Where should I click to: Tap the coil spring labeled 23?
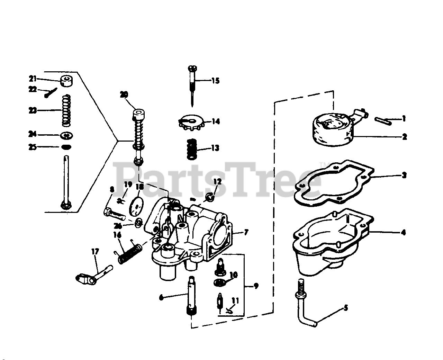pos(66,110)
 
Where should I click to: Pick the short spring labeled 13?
pos(191,149)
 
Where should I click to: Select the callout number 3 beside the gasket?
pos(404,175)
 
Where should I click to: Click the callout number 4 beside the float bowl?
pos(403,232)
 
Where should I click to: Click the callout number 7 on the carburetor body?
pos(246,232)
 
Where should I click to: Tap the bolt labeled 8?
pos(113,213)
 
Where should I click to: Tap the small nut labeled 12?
pos(210,197)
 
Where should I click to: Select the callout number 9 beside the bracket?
pos(256,286)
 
